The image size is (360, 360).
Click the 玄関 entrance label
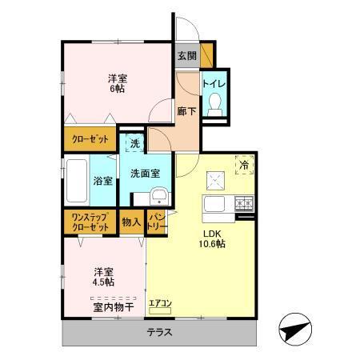coord(187,55)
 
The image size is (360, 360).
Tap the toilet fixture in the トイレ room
coord(214,105)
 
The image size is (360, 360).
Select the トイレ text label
coord(214,83)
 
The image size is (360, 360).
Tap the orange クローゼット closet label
coord(87,138)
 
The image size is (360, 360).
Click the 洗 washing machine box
coord(134,144)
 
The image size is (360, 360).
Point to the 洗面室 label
coord(146,171)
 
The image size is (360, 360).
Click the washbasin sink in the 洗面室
coord(160,198)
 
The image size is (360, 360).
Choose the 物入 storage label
coord(132,222)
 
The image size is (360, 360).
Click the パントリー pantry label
coord(157,222)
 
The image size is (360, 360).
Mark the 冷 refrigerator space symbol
coord(243,166)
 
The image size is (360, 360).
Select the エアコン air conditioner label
coord(160,302)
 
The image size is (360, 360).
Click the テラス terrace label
coord(159,332)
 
